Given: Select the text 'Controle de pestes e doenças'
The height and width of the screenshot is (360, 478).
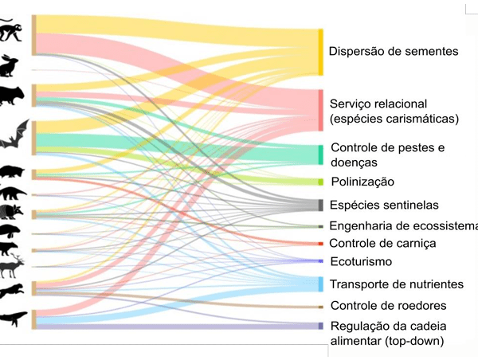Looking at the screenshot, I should [387, 155].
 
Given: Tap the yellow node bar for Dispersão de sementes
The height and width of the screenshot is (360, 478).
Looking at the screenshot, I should [320, 53].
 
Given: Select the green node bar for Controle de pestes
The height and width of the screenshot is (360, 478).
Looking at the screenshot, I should [320, 155].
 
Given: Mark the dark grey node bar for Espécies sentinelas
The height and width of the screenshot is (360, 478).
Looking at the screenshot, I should [320, 205].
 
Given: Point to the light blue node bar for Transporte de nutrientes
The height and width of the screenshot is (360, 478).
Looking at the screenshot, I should [320, 284].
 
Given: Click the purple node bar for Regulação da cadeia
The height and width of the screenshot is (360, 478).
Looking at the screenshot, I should [320, 326].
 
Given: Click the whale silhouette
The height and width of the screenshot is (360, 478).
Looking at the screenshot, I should [14, 318].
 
